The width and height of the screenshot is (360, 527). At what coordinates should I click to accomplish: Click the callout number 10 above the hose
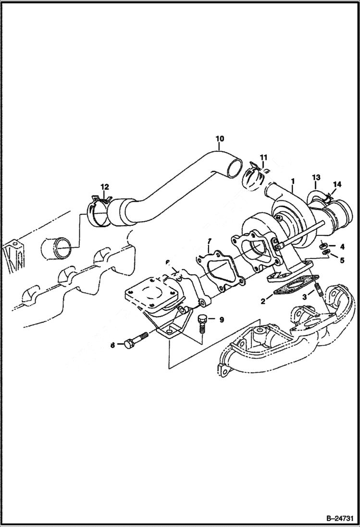(x=219, y=139)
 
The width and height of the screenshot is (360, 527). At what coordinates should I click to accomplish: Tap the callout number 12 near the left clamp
(x=104, y=186)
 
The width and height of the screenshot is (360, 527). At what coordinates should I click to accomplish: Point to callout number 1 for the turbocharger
(x=292, y=182)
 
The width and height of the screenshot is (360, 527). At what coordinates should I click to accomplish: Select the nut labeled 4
(x=323, y=245)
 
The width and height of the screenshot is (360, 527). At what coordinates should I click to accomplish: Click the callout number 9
(x=222, y=319)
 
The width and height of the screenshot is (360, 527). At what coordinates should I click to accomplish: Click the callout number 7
(x=209, y=240)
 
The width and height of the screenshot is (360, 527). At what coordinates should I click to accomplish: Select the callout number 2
(x=263, y=301)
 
